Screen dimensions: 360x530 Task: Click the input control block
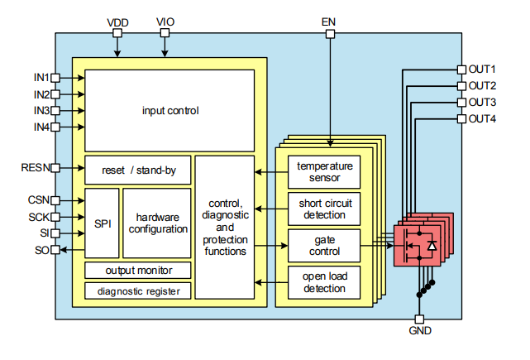(170, 110)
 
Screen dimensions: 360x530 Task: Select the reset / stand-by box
(137, 170)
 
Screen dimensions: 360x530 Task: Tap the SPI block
(103, 223)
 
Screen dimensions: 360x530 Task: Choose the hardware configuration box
(157, 223)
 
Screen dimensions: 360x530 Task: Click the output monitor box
(137, 271)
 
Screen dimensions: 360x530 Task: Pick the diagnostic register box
(137, 290)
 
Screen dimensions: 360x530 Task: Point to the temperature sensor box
(324, 171)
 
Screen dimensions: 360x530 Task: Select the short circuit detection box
(324, 209)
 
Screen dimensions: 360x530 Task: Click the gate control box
(324, 246)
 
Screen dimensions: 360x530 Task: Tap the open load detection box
(324, 282)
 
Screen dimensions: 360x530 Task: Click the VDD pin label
(118, 21)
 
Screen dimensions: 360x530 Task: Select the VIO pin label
(165, 21)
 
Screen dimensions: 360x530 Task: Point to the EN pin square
(331, 34)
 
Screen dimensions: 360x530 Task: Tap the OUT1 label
(482, 70)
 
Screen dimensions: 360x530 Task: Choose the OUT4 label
(482, 119)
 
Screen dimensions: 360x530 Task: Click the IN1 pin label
(41, 77)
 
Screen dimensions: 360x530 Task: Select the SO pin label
(41, 250)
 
